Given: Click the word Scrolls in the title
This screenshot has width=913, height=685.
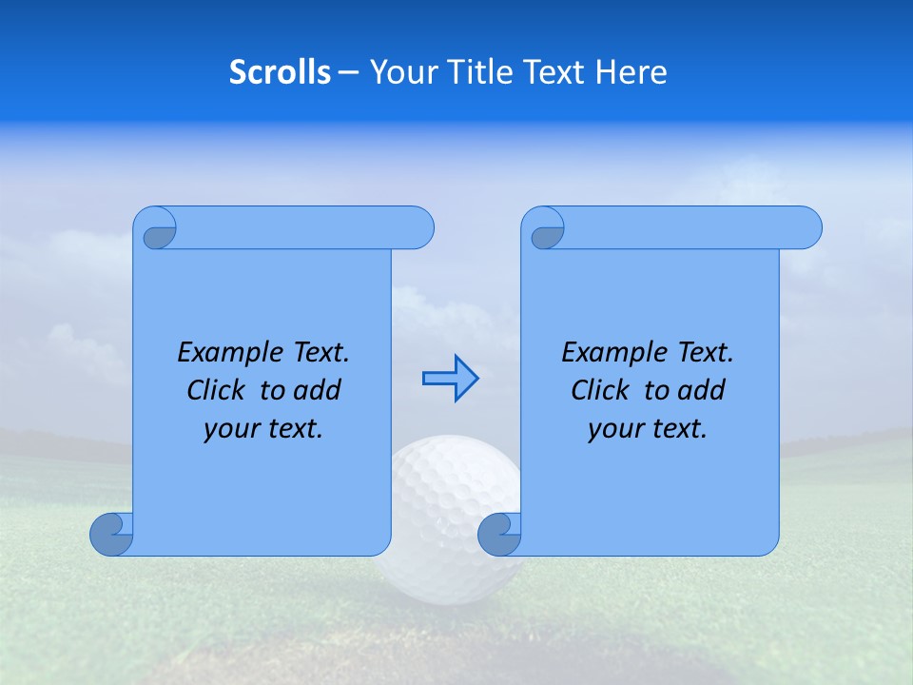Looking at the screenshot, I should pyautogui.click(x=280, y=72).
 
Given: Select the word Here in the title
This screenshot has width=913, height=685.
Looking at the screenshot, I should pyautogui.click(x=631, y=72).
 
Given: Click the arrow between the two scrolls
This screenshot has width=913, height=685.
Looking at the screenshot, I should pyautogui.click(x=450, y=379).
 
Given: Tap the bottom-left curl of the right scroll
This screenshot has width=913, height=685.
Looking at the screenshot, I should pyautogui.click(x=500, y=534).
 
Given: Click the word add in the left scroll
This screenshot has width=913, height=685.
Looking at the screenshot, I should pyautogui.click(x=317, y=391).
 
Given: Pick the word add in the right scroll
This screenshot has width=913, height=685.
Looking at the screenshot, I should pyautogui.click(x=701, y=391).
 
